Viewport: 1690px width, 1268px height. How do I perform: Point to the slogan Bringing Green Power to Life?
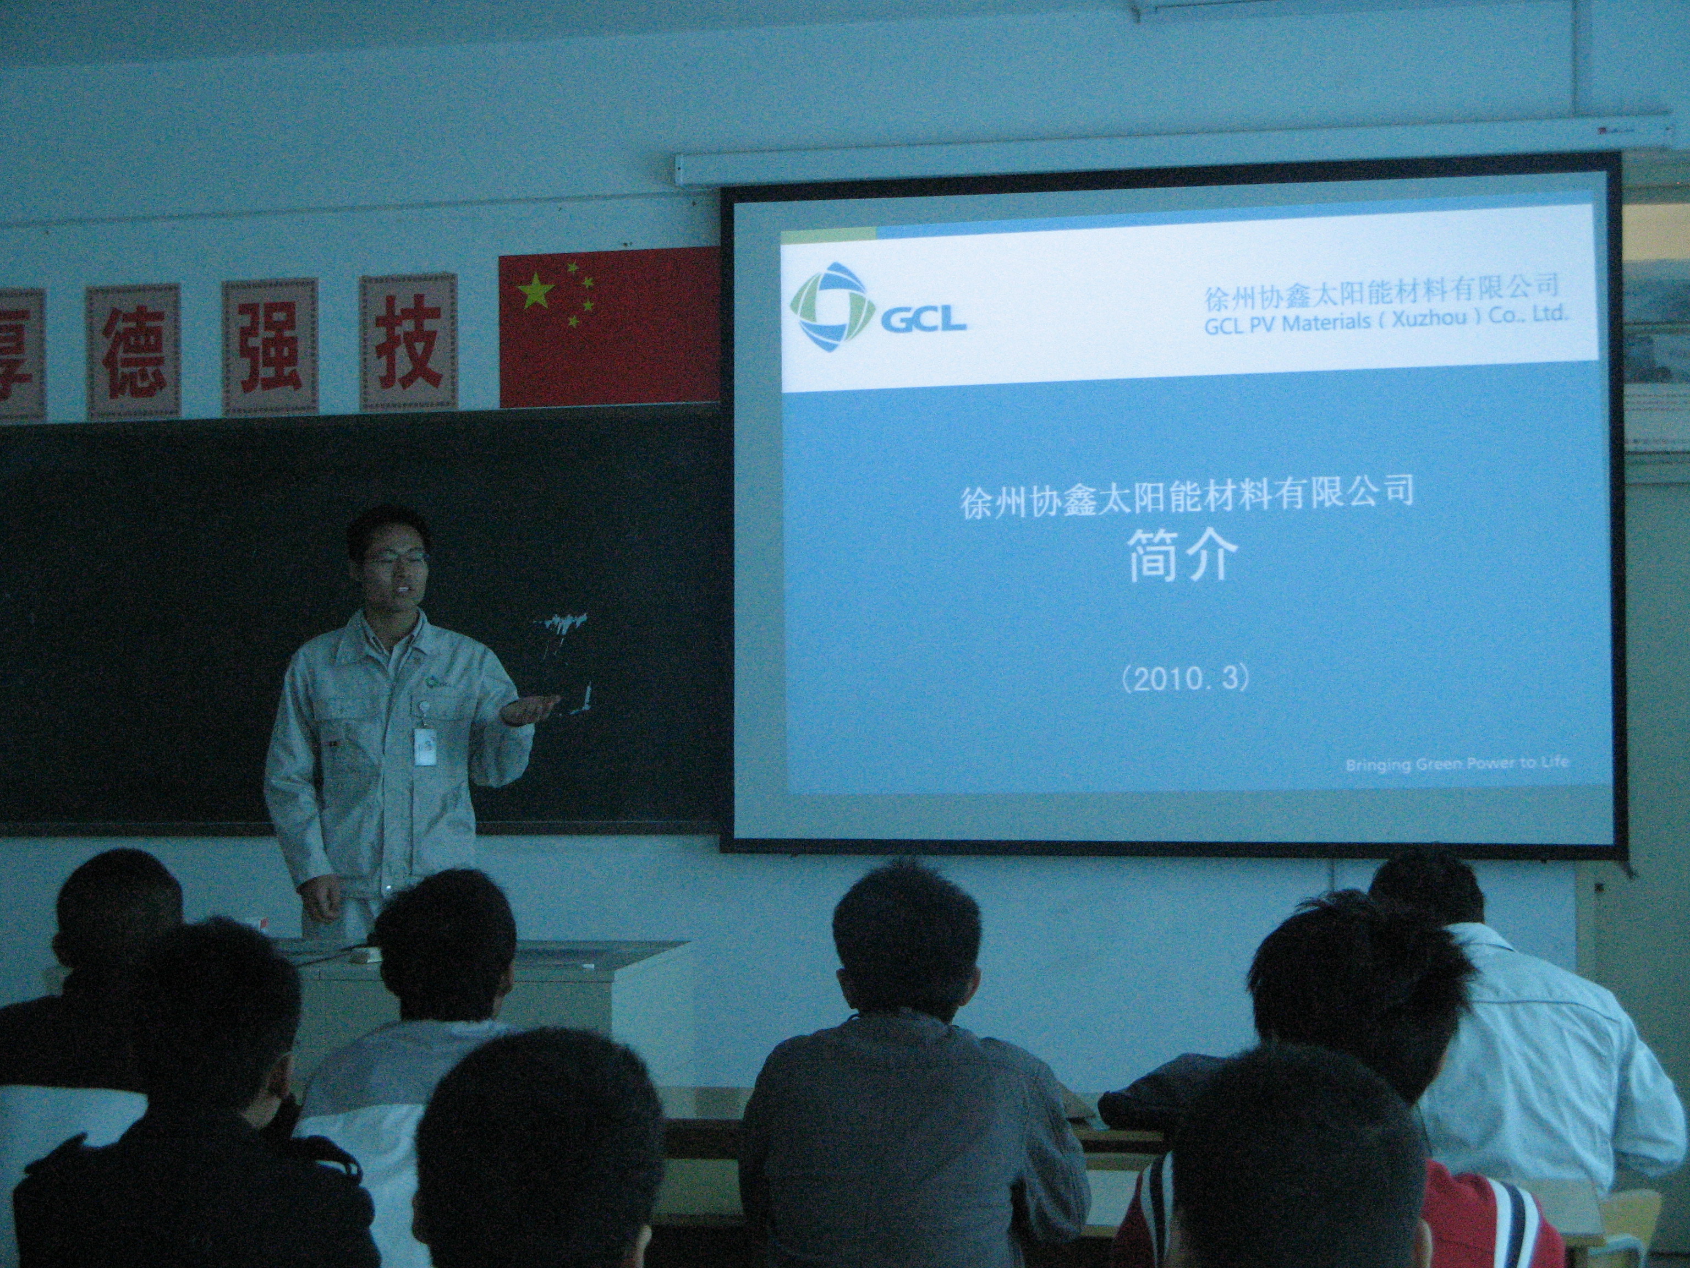point(1457,763)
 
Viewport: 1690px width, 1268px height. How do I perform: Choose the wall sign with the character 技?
point(409,342)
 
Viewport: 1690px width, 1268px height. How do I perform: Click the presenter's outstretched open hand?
point(529,709)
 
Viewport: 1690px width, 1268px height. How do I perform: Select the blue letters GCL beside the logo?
point(923,318)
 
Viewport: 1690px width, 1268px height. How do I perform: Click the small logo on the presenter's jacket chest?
point(434,682)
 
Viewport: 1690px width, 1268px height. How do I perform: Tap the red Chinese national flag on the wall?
point(609,327)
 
